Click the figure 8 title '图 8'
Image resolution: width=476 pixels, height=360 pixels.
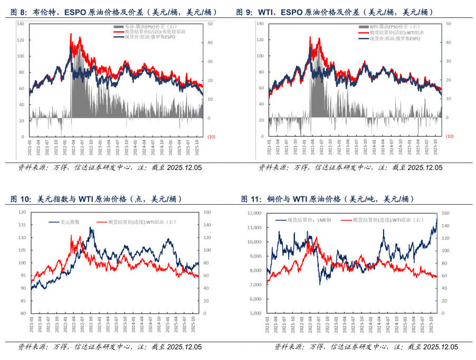pyautogui.click(x=19, y=12)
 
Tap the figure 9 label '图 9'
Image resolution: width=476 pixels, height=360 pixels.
pyautogui.click(x=244, y=12)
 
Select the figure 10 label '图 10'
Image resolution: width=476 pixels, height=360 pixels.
pyautogui.click(x=21, y=199)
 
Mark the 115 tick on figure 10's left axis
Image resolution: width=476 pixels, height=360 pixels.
pyautogui.click(x=22, y=225)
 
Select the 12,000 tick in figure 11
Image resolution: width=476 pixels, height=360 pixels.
pyautogui.click(x=254, y=213)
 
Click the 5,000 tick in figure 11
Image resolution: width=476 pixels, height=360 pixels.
pyautogui.click(x=255, y=313)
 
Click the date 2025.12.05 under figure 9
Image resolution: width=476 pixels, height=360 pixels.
pyautogui.click(x=425, y=168)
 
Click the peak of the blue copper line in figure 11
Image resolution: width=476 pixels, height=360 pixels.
pyautogui.click(x=436, y=216)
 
